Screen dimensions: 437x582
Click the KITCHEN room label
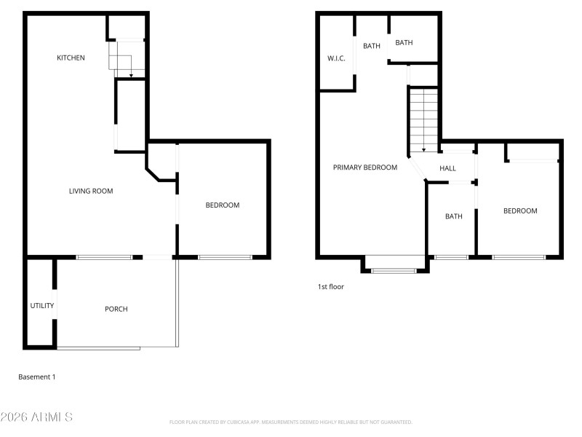[x=71, y=58]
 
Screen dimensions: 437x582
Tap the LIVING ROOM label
[x=91, y=191]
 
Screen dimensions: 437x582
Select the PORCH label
[x=116, y=309]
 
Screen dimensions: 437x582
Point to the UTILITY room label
[x=41, y=305]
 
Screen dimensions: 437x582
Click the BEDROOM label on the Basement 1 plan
[x=222, y=205]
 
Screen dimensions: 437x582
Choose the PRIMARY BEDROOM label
[x=365, y=168]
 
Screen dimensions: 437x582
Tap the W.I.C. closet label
[x=336, y=58]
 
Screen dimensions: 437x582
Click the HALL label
[x=447, y=168]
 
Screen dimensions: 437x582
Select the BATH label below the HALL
[x=453, y=216]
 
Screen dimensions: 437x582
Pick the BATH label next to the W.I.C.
[x=372, y=46]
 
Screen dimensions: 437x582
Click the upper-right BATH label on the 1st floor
[x=404, y=42]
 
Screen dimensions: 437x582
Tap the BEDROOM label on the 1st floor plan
[x=520, y=210]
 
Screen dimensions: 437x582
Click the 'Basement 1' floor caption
[x=36, y=377]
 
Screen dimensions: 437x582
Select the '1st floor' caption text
[x=330, y=286]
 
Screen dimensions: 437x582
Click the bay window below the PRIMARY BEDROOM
[x=394, y=270]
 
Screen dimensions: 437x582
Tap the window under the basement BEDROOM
[x=225, y=257]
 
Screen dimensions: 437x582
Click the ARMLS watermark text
[x=36, y=417]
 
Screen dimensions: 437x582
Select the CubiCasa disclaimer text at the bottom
[x=291, y=422]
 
